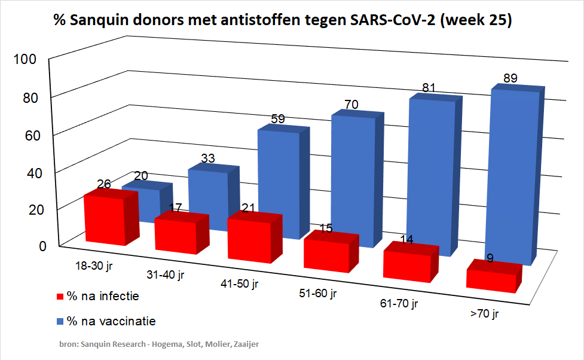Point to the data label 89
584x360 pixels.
pyautogui.click(x=510, y=78)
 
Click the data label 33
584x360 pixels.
pyautogui.click(x=208, y=158)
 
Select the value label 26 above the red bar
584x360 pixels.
pyautogui.click(x=103, y=184)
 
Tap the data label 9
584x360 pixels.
pyautogui.click(x=490, y=259)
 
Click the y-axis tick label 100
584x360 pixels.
pyautogui.click(x=27, y=59)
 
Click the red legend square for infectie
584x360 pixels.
pyautogui.click(x=60, y=297)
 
